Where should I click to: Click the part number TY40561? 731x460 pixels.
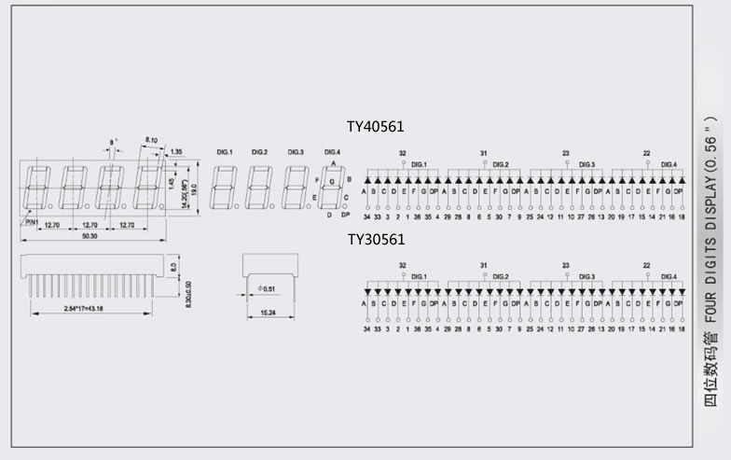(375, 126)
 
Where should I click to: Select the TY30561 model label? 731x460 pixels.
(376, 240)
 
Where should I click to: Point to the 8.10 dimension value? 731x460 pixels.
(151, 140)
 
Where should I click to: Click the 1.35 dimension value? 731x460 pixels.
(175, 150)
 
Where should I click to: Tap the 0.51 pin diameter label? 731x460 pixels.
(268, 288)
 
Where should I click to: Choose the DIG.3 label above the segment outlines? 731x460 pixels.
(296, 152)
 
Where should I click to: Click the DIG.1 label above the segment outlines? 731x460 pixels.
(225, 152)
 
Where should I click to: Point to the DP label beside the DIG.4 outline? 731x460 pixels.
(345, 215)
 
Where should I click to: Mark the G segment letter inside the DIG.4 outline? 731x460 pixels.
(331, 182)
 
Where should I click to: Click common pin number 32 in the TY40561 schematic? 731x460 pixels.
(402, 153)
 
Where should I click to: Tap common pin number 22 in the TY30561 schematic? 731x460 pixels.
(646, 265)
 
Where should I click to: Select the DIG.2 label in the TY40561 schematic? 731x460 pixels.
(501, 165)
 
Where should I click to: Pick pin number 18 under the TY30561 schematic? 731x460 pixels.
(682, 329)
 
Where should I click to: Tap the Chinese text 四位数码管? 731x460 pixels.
(710, 373)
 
